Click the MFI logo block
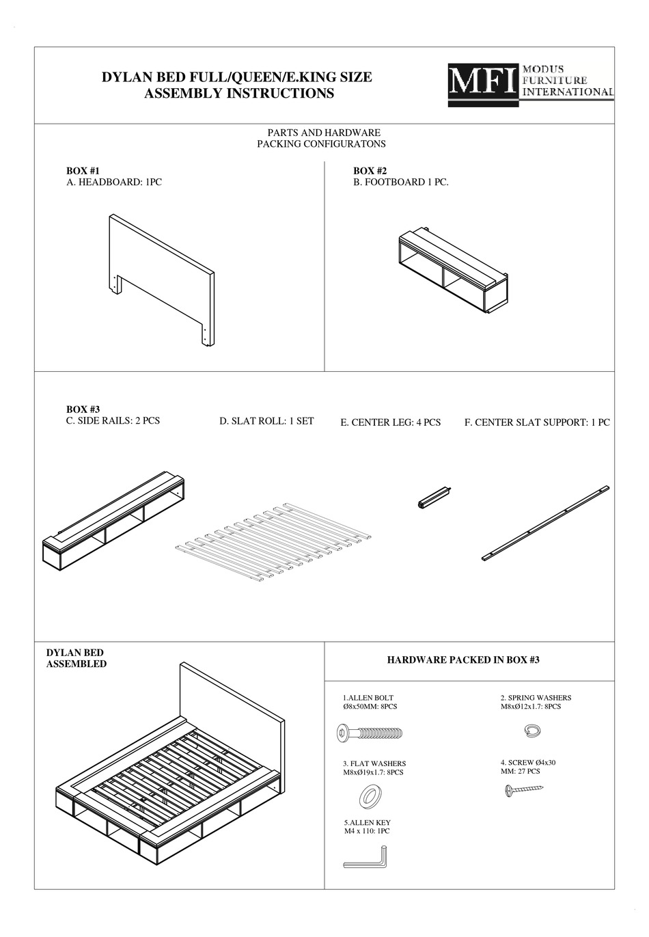coord(482,85)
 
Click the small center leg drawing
coord(434,497)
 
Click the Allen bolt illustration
coord(370,733)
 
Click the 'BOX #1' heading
coord(83,171)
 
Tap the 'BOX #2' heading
coord(370,171)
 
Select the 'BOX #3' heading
coord(83,409)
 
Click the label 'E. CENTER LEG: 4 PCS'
coord(390,422)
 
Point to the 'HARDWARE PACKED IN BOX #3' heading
coord(463,660)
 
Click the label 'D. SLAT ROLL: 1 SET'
coord(266,421)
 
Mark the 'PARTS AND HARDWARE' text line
coord(323,133)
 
